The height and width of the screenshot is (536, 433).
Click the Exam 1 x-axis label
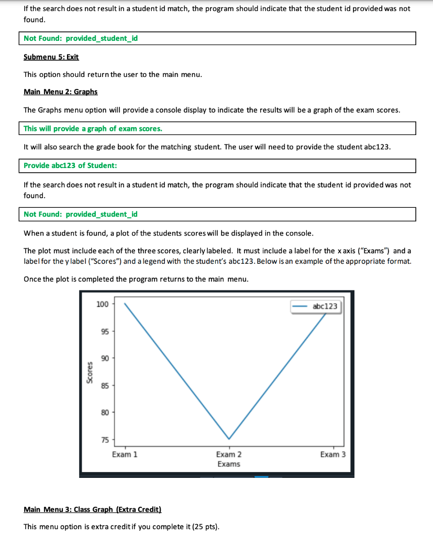125,454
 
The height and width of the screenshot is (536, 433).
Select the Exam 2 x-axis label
229,454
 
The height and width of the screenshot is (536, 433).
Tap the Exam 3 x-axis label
333,454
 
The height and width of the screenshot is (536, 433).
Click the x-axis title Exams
229,464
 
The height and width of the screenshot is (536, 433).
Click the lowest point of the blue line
229,439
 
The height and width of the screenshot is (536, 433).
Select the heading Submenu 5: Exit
51,57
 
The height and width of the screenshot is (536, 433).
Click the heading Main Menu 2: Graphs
61,92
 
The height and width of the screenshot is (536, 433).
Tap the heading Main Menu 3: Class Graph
93,509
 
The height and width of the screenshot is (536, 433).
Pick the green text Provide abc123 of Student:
70,165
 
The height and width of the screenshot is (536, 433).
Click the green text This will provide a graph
93,128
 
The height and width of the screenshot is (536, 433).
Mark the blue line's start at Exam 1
125,303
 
